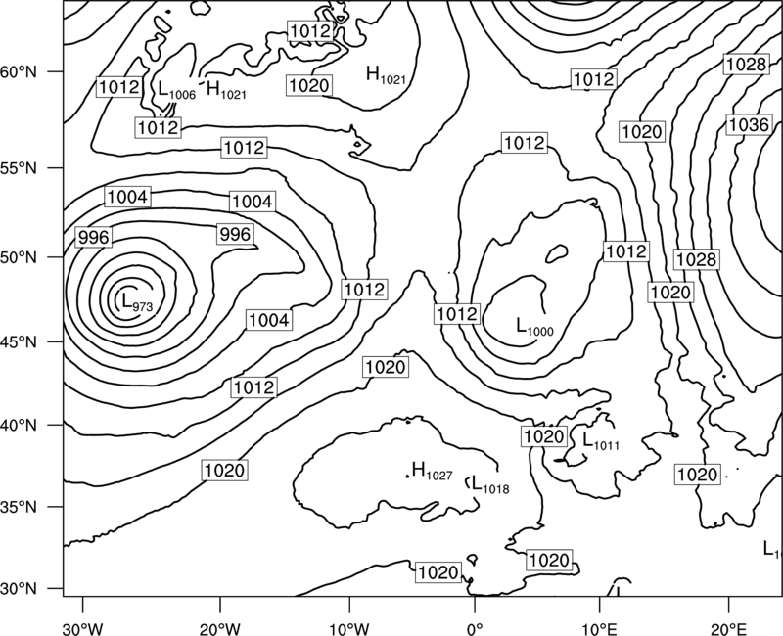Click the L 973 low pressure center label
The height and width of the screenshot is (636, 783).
(x=137, y=301)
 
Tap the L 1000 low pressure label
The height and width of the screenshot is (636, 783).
(x=534, y=327)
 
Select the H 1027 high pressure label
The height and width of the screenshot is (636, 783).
(x=433, y=471)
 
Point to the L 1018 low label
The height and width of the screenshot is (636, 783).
(x=490, y=484)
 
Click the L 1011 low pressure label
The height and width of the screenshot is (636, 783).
(x=601, y=440)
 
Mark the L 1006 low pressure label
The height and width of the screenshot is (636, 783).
(x=177, y=90)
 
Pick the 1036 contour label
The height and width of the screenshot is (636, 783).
(x=748, y=125)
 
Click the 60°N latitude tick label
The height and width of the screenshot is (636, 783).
(x=19, y=72)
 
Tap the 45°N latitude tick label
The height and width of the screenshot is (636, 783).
(x=19, y=342)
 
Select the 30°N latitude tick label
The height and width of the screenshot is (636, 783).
(x=19, y=589)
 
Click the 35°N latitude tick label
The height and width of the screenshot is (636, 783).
(x=19, y=508)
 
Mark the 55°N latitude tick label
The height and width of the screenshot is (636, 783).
(x=19, y=168)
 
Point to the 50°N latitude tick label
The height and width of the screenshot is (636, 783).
(x=19, y=258)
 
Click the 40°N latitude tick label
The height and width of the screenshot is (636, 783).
(x=19, y=426)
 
